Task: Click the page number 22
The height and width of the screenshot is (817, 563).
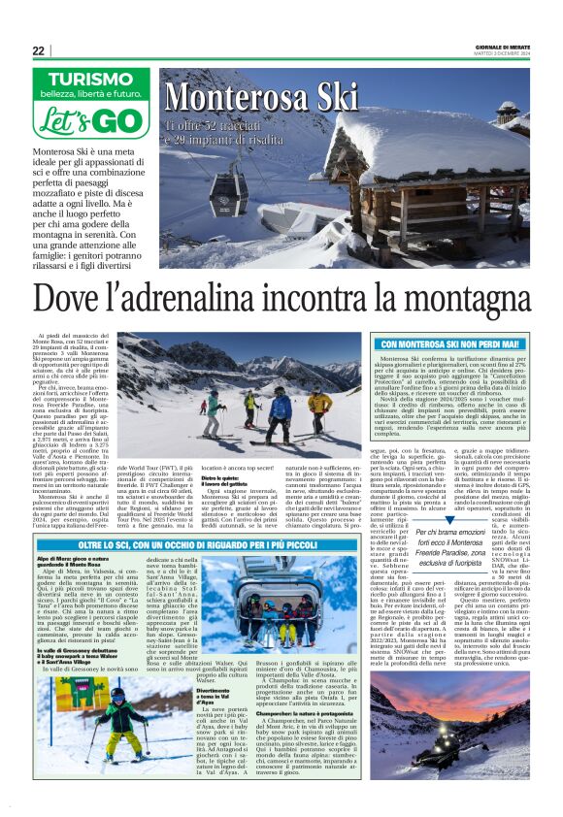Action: [39, 50]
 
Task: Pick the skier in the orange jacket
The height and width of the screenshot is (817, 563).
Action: [319, 406]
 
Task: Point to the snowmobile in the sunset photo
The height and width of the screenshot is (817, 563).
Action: [419, 734]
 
